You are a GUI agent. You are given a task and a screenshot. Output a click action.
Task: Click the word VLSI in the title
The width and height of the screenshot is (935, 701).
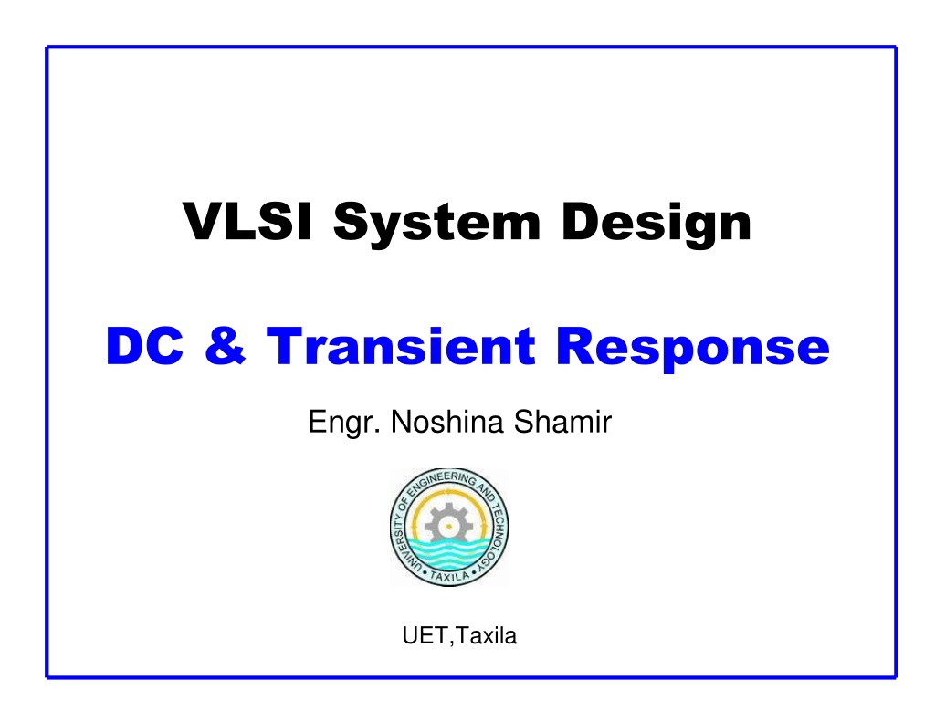click(x=247, y=221)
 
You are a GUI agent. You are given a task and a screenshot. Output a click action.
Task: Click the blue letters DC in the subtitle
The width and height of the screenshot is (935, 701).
click(x=144, y=346)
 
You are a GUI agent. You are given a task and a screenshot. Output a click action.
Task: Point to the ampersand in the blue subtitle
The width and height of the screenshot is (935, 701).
click(x=226, y=346)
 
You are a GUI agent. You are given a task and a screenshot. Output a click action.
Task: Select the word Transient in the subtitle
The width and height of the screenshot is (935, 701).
click(x=401, y=346)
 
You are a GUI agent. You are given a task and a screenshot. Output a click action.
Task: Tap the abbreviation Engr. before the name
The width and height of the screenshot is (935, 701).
click(x=344, y=423)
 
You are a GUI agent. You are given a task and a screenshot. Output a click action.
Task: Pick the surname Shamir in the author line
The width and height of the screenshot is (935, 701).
click(x=562, y=422)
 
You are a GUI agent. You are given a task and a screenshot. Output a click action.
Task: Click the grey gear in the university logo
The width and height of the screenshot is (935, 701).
click(x=448, y=525)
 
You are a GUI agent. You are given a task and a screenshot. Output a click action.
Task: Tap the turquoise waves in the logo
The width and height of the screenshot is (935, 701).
click(x=448, y=553)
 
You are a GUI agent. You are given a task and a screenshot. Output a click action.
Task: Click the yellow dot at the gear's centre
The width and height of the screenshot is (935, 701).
click(x=448, y=527)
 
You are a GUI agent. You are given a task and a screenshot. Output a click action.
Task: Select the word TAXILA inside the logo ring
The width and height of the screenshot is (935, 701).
click(x=449, y=577)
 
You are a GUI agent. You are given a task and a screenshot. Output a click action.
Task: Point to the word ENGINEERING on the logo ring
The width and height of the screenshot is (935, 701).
click(x=442, y=482)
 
